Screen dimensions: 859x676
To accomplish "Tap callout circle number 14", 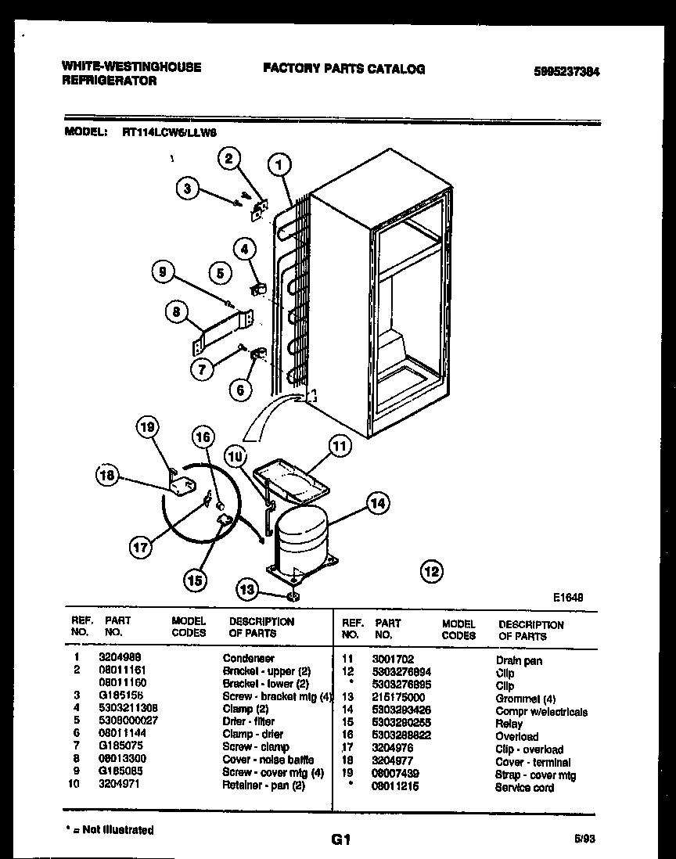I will (x=377, y=505).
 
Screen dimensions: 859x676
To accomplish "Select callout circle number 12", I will (x=430, y=570).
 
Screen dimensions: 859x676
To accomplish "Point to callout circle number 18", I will (x=109, y=475).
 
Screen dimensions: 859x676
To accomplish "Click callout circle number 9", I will (x=164, y=272).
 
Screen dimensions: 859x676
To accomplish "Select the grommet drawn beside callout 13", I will (x=293, y=597).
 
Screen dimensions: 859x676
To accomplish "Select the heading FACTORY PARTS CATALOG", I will (x=343, y=69).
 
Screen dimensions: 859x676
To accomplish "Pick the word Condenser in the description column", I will (x=248, y=659).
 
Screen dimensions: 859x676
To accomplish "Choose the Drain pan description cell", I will (x=518, y=661).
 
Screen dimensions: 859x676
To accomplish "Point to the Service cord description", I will (x=523, y=787).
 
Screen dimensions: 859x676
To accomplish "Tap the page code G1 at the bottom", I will (x=339, y=840).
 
